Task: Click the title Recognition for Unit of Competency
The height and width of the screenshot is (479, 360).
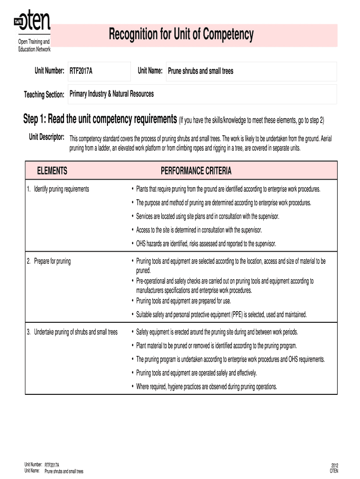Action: pos(181,34)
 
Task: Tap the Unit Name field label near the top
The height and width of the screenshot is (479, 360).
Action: pos(150,71)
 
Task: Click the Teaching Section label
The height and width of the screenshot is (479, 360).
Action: pos(44,94)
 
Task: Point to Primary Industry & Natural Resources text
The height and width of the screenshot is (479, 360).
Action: pos(111,94)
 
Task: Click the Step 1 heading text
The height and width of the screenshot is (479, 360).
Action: pos(100,120)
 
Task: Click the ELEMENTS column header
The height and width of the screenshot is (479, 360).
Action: pos(52,171)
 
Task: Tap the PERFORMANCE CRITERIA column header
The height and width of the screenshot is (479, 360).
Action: pos(196,171)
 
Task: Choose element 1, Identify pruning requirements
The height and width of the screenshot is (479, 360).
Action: pos(58,189)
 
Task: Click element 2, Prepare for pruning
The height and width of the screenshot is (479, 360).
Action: pos(49,261)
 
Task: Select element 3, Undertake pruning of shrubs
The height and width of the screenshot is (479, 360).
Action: pos(72,332)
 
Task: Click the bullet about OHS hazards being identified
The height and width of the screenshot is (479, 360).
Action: pos(206,244)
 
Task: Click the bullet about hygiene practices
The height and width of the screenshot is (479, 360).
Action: pos(206,386)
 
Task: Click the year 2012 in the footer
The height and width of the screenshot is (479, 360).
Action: pos(334,465)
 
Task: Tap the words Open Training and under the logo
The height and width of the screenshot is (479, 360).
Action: pos(31,43)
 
